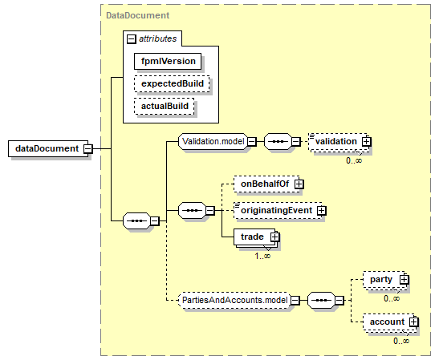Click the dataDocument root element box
pyautogui.click(x=48, y=148)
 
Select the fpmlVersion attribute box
pyautogui.click(x=168, y=61)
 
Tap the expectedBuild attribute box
pyautogui.click(x=172, y=83)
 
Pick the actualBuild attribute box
pyautogui.click(x=164, y=106)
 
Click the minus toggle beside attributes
pyautogui.click(x=131, y=38)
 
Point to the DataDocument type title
pyautogui.click(x=137, y=15)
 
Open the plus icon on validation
pyautogui.click(x=366, y=142)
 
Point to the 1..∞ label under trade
pyautogui.click(x=262, y=256)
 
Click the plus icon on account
pyautogui.click(x=413, y=322)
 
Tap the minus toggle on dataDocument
pyautogui.click(x=88, y=148)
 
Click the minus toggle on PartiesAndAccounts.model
pyautogui.click(x=295, y=301)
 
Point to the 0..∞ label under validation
pyautogui.click(x=354, y=160)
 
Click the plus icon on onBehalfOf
pyautogui.click(x=299, y=184)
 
